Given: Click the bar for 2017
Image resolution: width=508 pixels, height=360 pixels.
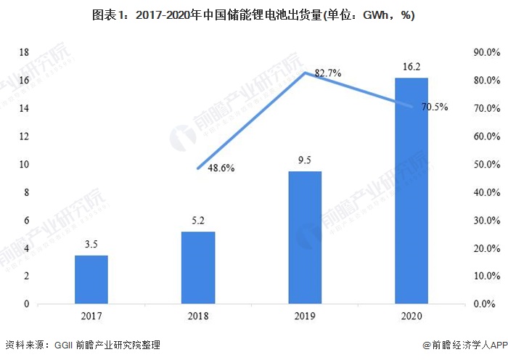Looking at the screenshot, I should [91, 279].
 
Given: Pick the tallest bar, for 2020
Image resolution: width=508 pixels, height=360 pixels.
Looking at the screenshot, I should [411, 190].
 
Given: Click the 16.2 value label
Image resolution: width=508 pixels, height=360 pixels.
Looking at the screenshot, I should [411, 67].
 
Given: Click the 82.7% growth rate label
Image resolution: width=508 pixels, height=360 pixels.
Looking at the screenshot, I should [328, 73].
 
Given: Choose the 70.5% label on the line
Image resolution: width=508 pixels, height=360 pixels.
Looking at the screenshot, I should [434, 107].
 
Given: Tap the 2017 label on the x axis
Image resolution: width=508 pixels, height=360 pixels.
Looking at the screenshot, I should [91, 316].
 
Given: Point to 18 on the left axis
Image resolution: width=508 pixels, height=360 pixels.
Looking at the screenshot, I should [24, 52].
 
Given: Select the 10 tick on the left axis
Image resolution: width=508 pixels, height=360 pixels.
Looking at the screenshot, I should [24, 164].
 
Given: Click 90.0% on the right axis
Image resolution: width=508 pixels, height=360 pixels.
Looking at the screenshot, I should [486, 52].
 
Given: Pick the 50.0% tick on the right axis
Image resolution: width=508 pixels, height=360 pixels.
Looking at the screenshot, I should [486, 164].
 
